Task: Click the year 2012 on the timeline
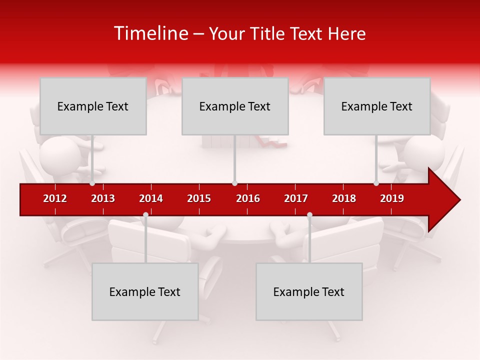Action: click(55, 198)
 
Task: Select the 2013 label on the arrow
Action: click(103, 198)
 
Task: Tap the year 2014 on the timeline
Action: click(151, 198)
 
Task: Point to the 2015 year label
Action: click(199, 198)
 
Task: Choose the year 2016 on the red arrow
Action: click(248, 198)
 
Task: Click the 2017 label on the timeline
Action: click(296, 198)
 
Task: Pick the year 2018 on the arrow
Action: click(344, 198)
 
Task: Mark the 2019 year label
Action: click(392, 198)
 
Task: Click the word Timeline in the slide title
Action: click(150, 33)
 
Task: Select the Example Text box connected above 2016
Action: click(235, 106)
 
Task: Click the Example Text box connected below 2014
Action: click(145, 291)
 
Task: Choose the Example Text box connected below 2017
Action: click(309, 291)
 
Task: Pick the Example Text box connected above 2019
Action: click(377, 106)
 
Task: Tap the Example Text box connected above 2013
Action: click(93, 106)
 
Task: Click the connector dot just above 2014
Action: click(145, 215)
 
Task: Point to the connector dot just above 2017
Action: click(309, 215)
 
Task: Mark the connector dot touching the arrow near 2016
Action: click(234, 183)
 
